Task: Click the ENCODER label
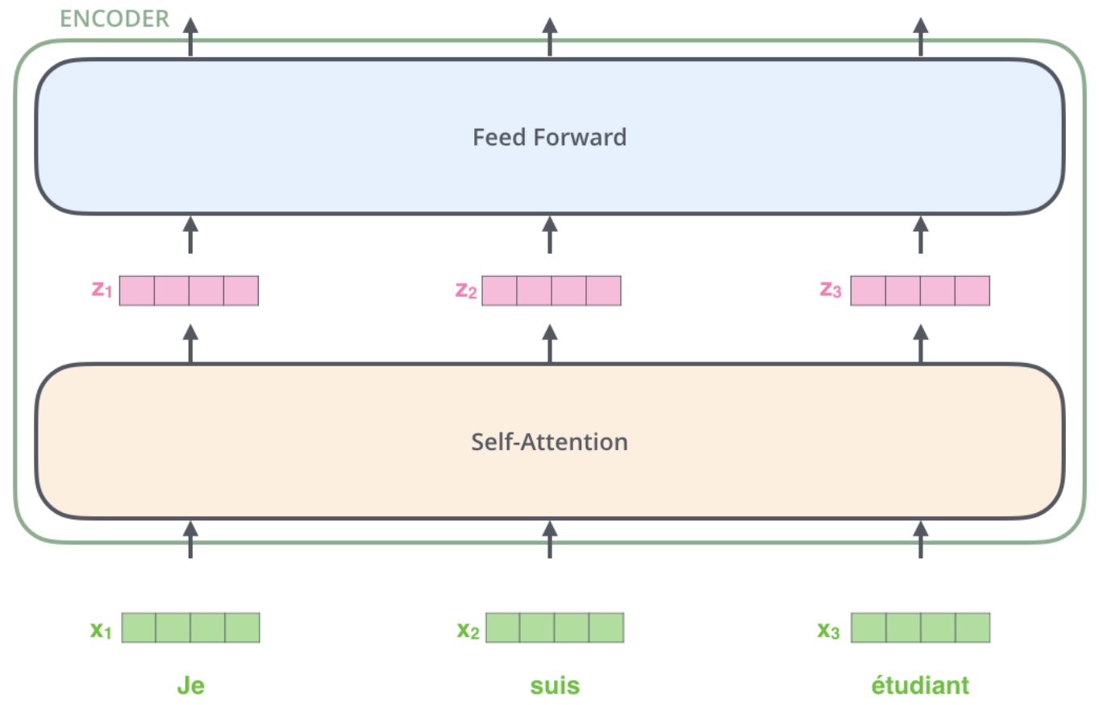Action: point(114,19)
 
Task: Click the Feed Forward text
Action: point(550,137)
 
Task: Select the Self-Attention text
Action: point(550,442)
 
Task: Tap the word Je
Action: point(191,685)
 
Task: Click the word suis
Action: point(555,686)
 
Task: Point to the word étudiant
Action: point(921,685)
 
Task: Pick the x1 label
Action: point(101,630)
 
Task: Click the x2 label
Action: point(468,630)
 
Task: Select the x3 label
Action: point(828,630)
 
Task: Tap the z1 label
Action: point(102,289)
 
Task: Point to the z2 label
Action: point(466,290)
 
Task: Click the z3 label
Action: point(830,290)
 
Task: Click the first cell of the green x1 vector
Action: point(139,628)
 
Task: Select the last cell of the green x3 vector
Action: point(973,628)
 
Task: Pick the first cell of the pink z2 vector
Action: point(499,290)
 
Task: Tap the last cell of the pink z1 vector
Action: point(241,290)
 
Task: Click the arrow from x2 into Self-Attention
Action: point(550,539)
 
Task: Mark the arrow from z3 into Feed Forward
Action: point(921,235)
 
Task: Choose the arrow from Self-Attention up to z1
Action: point(191,344)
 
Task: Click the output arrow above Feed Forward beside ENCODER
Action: point(191,37)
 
